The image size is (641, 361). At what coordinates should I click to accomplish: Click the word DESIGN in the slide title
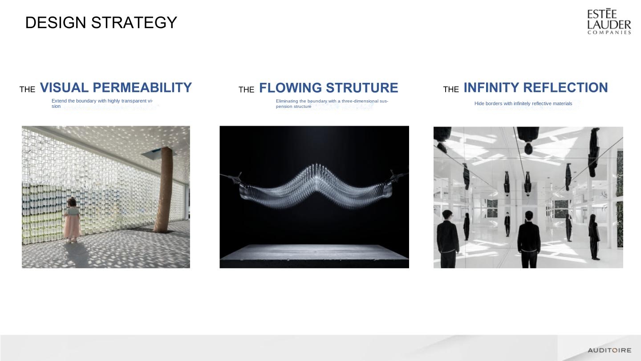click(56, 22)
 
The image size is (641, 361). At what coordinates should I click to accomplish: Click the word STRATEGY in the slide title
click(134, 22)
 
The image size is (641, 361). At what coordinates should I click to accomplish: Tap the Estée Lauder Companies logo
click(609, 21)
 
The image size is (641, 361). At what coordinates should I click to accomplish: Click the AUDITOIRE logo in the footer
click(609, 350)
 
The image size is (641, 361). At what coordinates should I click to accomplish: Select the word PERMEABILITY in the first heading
click(142, 88)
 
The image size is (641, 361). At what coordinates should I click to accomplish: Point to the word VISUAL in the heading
click(64, 88)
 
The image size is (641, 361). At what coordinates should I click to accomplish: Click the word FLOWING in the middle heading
click(290, 88)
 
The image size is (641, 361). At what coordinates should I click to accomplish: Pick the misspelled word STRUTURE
click(362, 88)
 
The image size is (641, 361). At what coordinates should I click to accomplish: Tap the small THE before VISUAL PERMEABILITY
click(28, 90)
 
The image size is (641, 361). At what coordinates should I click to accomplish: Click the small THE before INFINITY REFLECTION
click(451, 90)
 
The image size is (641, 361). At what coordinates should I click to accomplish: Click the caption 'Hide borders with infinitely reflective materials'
click(523, 103)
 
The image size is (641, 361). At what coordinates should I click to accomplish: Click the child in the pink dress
click(72, 220)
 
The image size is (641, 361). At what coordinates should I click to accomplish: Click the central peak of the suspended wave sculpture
click(316, 169)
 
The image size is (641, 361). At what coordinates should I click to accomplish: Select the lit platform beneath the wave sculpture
click(314, 253)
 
